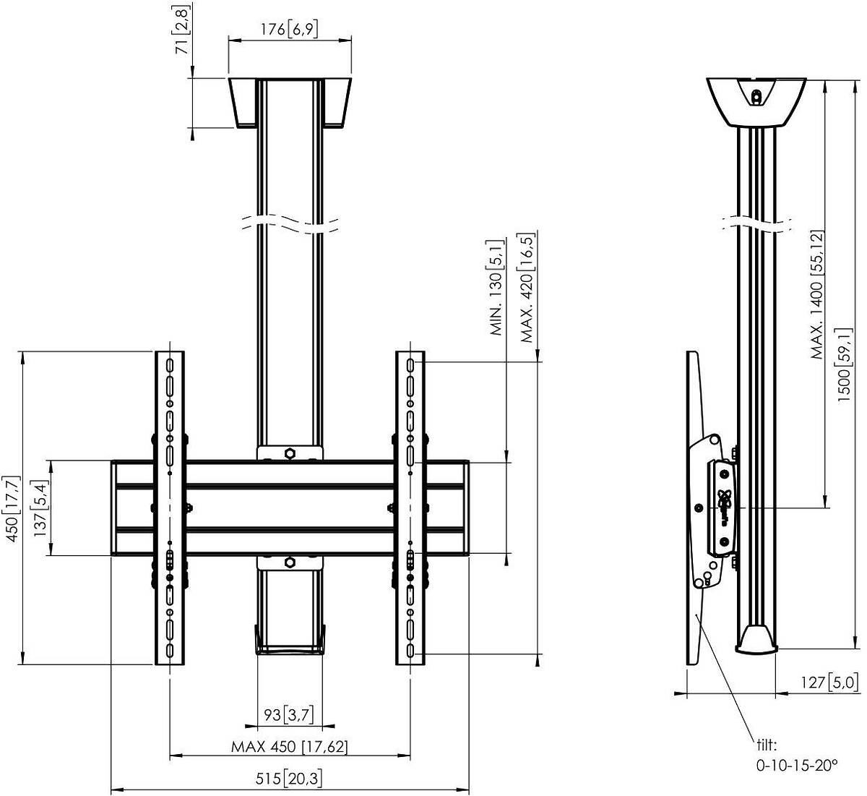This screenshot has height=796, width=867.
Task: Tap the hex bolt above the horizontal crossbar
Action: click(x=290, y=454)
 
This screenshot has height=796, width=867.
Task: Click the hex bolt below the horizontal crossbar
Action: click(x=290, y=562)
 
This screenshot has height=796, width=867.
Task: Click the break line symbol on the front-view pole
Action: click(x=290, y=224)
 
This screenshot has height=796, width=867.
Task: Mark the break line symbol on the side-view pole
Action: click(x=757, y=224)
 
